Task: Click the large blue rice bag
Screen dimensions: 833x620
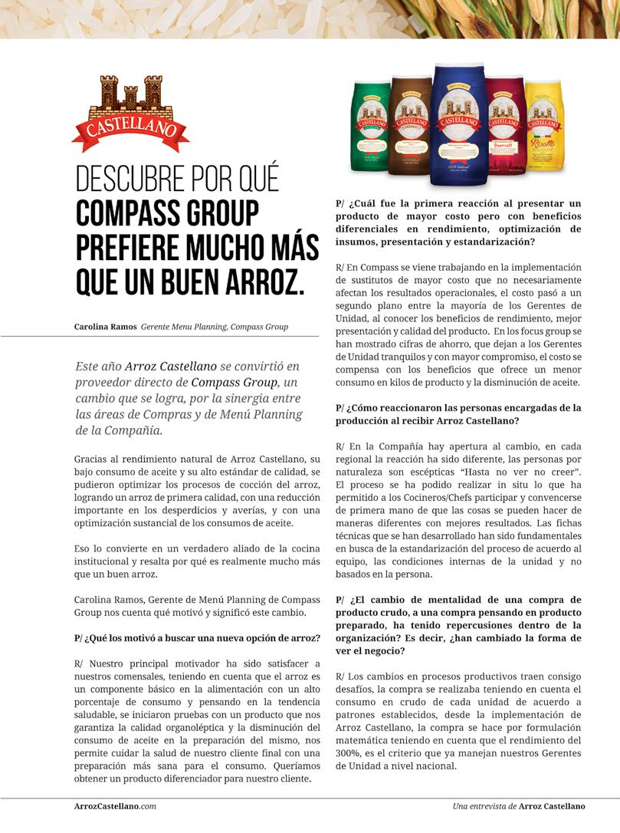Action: (x=458, y=123)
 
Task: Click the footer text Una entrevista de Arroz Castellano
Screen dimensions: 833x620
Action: (x=518, y=806)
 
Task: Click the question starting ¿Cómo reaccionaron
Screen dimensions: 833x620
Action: (x=458, y=413)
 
